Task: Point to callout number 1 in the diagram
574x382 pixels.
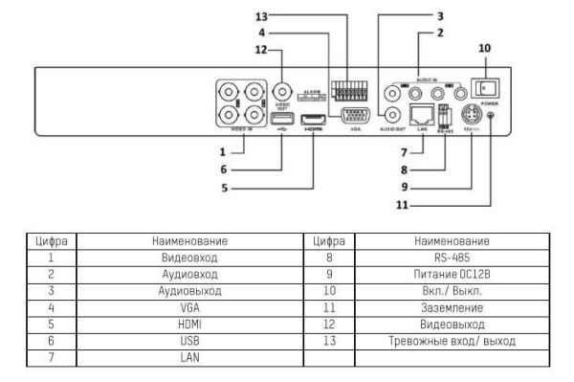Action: click(222, 151)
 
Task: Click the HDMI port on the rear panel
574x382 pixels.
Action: click(312, 120)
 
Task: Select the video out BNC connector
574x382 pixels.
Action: click(283, 94)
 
